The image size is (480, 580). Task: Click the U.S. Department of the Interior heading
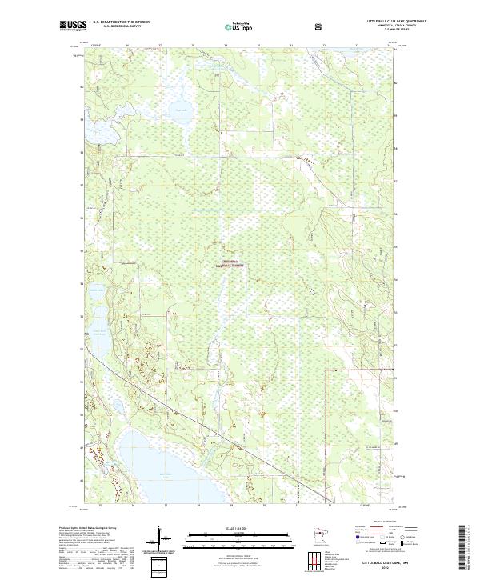121,22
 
